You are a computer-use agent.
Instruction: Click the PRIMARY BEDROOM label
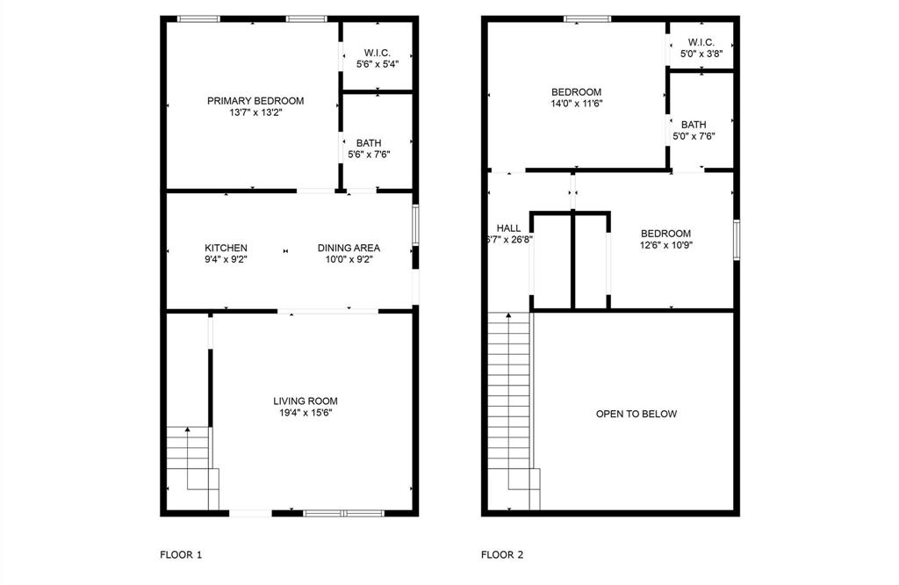(x=255, y=101)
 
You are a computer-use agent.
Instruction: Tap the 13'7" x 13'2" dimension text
(x=255, y=112)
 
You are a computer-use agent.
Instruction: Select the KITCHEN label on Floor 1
(x=226, y=248)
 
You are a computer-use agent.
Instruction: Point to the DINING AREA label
(x=349, y=248)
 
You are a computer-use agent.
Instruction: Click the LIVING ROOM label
(x=305, y=401)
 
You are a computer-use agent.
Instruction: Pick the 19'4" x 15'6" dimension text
(x=305, y=412)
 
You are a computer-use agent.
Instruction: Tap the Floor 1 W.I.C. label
(x=378, y=53)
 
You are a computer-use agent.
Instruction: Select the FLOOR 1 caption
(x=181, y=554)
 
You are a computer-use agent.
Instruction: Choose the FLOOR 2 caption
(x=502, y=554)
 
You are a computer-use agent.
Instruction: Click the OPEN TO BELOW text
(x=636, y=414)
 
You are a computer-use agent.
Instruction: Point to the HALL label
(x=508, y=227)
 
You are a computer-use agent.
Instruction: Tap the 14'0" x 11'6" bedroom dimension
(x=576, y=103)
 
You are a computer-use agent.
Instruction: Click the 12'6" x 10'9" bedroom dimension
(x=665, y=245)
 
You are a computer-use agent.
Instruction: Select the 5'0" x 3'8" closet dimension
(x=701, y=53)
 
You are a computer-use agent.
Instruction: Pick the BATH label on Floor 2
(x=693, y=125)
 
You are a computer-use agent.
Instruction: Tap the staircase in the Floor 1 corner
(x=190, y=466)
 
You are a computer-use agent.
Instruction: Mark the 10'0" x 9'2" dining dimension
(x=349, y=259)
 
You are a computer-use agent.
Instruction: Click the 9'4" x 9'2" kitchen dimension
(x=226, y=259)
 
